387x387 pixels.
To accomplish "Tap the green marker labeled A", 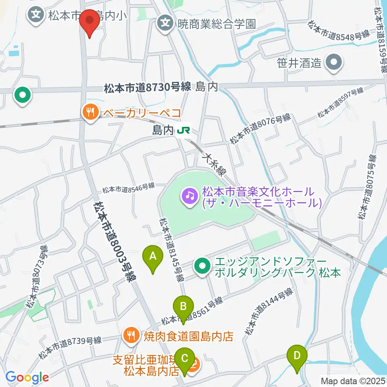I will [x=153, y=258].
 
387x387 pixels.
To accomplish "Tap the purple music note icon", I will [x=190, y=196].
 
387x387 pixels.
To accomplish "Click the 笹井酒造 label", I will [x=299, y=63].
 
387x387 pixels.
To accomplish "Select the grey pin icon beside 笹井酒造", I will [x=334, y=62].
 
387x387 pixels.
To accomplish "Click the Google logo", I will [x=27, y=377].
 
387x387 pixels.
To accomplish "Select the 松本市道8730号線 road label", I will [x=147, y=87].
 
